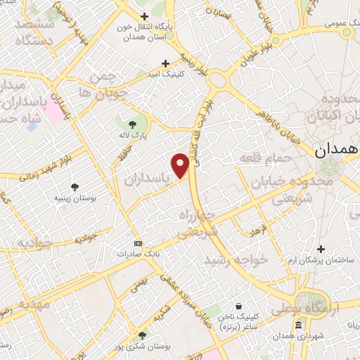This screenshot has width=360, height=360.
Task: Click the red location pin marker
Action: point(181,165)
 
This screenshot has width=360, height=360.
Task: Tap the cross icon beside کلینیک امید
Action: point(166,63)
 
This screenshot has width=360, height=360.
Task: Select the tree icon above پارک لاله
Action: point(123,124)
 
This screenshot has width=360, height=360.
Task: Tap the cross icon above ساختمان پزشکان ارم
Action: point(321,249)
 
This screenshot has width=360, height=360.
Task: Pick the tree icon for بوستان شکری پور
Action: point(143,335)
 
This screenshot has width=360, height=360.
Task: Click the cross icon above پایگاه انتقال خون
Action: point(144,16)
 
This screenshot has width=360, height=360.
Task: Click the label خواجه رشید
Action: point(236,259)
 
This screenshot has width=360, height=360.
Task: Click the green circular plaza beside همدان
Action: point(328,167)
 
